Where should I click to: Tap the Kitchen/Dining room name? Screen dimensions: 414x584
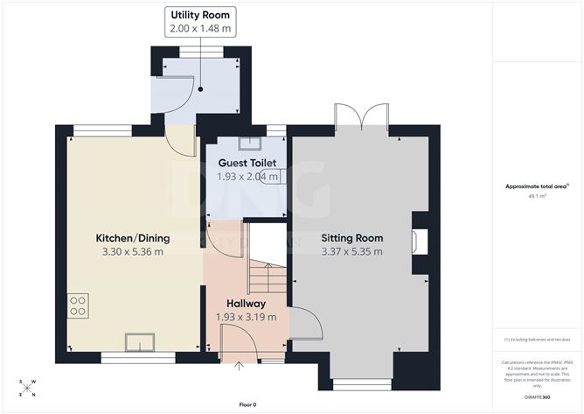[133, 238]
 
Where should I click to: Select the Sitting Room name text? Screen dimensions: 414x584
[352, 238]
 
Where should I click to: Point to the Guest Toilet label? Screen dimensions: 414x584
[247, 163]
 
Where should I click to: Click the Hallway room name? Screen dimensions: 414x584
[246, 303]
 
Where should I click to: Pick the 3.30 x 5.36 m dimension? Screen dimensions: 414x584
[133, 252]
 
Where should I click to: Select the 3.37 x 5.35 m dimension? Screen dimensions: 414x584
[352, 252]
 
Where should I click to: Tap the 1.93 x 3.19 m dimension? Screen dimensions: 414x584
[246, 317]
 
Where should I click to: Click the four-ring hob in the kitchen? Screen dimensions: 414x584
[77, 305]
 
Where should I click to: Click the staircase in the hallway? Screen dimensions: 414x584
[268, 278]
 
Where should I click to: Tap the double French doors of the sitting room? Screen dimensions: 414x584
[360, 118]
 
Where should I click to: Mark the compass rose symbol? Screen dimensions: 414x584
[27, 388]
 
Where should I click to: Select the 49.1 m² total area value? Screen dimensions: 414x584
[539, 197]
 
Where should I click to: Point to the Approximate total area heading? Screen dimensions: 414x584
[538, 186]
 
